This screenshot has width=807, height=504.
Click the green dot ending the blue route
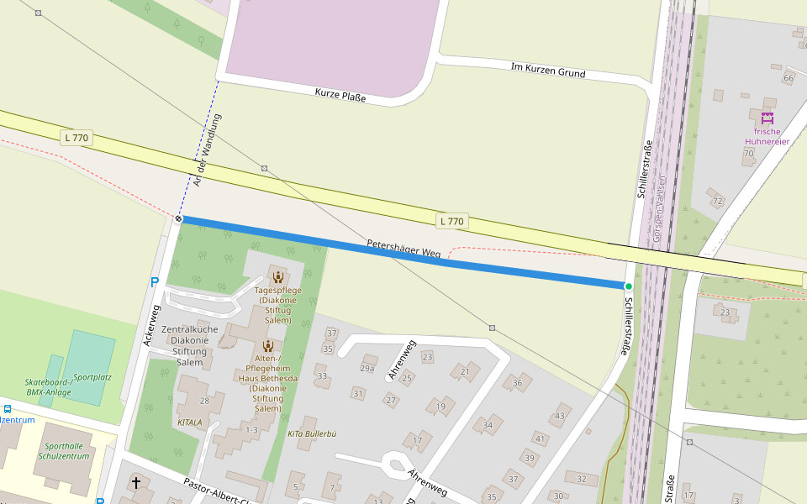pos(628,286)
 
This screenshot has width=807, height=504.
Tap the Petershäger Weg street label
pos(403,248)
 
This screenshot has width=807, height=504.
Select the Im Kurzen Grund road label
pos(548,69)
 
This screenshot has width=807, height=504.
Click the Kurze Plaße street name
pos(340,95)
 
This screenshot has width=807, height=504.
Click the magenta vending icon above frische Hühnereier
pos(767,117)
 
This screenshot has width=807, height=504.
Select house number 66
pos(788,78)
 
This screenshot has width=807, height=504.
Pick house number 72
pos(717,201)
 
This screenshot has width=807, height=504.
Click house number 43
pos(560,416)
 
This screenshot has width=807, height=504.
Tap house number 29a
pos(367,368)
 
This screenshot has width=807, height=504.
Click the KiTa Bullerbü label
pos(312,433)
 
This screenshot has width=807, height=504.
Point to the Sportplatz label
pos(92,377)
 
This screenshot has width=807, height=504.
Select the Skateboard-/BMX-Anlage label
pos(47,386)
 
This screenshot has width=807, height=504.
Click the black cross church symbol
pos(136,483)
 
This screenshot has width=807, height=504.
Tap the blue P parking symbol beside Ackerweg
pos(154,282)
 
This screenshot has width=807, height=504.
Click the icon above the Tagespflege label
pos(277,277)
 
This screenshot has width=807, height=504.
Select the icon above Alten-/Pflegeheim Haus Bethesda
pos(267,345)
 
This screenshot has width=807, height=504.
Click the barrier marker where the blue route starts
pos(179,218)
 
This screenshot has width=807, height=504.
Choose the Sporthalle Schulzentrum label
pos(63,451)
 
